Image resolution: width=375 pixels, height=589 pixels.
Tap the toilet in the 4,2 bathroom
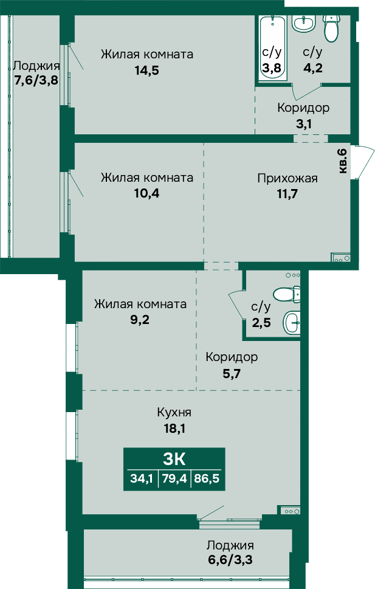[332, 29]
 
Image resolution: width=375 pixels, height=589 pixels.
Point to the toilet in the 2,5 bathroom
[287, 294]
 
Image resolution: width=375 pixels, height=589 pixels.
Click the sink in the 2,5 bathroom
[292, 322]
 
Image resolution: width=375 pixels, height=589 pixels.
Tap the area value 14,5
[147, 71]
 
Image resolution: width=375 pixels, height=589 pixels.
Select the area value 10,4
[146, 193]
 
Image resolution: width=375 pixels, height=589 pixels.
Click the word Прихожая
[287, 178]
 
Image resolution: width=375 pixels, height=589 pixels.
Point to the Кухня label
[174, 412]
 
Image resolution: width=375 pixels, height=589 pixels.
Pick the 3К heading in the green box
[174, 458]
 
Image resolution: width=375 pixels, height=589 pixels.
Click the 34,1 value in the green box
[142, 479]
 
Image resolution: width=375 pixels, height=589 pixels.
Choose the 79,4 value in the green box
[174, 479]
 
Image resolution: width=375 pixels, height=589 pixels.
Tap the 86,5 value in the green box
[207, 479]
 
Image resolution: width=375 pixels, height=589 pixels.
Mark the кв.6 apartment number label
[343, 160]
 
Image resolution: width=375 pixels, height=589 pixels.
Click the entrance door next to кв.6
[363, 162]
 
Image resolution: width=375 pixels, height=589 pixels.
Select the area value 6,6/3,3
[230, 560]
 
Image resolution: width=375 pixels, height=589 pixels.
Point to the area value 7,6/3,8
[36, 80]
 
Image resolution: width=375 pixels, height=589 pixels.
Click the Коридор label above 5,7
[232, 357]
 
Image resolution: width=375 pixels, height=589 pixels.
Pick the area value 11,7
[287, 194]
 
